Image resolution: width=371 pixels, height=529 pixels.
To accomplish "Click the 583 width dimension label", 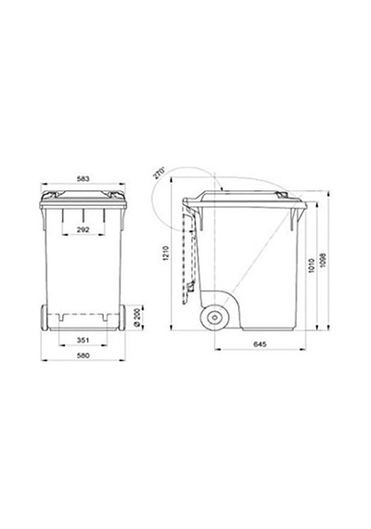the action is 83,178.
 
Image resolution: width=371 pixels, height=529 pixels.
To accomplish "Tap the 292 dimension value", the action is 83,230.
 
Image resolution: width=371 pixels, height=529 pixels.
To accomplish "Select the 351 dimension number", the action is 83,340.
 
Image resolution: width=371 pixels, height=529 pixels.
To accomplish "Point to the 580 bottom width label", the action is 83,355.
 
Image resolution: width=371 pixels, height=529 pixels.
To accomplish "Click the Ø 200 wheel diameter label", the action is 136,317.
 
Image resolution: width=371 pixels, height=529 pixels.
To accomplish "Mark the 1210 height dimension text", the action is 165,253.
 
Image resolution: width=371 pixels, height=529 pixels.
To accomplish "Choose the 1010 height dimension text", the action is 312,265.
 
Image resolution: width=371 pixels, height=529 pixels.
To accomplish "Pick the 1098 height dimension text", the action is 323,261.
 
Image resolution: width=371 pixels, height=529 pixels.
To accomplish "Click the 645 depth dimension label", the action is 260,344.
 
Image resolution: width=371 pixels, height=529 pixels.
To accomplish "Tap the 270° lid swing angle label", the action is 159,172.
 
